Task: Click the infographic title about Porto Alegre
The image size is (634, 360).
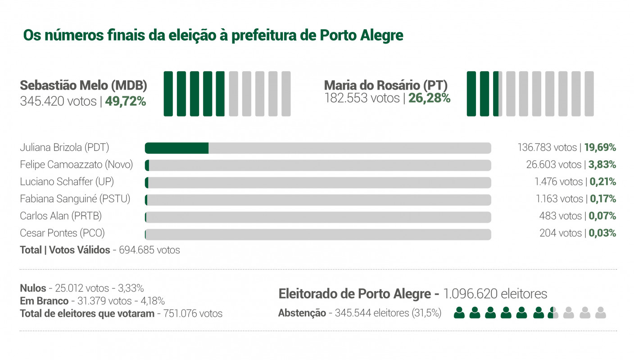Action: click(x=213, y=35)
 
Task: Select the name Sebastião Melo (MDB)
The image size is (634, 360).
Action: click(x=83, y=85)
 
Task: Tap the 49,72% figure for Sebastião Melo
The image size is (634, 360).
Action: click(x=125, y=102)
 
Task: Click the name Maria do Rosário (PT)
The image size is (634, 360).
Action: click(x=385, y=85)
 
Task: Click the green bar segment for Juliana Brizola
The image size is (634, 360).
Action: click(x=177, y=148)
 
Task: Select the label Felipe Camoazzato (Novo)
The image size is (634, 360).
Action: click(x=76, y=165)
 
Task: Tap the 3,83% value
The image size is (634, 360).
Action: click(x=602, y=165)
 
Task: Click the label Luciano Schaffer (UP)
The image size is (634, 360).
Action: click(x=67, y=182)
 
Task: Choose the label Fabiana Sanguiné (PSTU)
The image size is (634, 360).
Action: click(x=75, y=199)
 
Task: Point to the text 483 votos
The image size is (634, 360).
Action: click(x=560, y=216)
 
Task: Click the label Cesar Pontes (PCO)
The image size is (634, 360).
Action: click(x=62, y=233)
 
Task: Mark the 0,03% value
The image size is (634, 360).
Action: click(x=602, y=233)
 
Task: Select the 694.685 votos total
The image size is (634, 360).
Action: click(x=149, y=250)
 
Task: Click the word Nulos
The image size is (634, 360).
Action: click(x=32, y=288)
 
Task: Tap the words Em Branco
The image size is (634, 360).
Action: click(x=44, y=301)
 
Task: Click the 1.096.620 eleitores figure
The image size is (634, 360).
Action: click(x=495, y=294)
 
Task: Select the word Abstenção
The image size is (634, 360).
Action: click(x=302, y=313)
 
